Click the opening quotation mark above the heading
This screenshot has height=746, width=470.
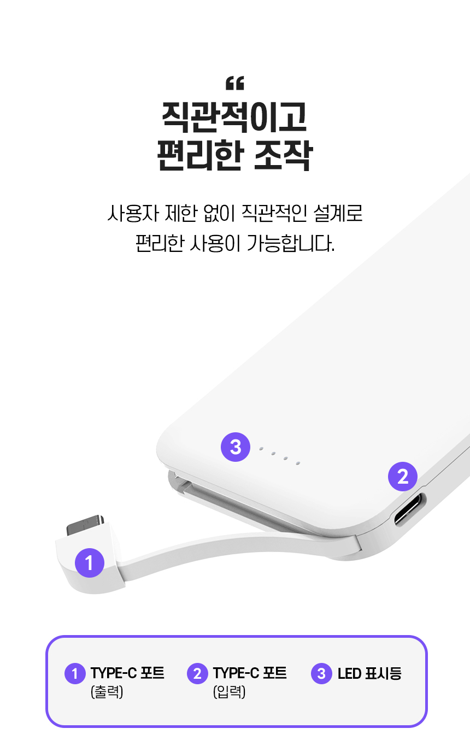[x=234, y=84]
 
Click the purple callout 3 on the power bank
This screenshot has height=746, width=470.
[x=235, y=447]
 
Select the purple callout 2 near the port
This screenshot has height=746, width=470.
[x=403, y=477]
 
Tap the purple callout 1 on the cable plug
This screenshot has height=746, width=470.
[x=89, y=562]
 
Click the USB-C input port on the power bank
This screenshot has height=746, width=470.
[x=410, y=509]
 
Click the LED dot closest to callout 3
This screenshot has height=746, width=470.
[x=261, y=449]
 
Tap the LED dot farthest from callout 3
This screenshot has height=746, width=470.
[x=298, y=463]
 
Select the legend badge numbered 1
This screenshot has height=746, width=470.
[x=75, y=673]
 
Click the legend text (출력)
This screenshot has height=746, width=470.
[x=107, y=692]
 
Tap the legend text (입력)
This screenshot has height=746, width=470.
[x=230, y=692]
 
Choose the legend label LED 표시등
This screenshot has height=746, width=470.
[x=369, y=673]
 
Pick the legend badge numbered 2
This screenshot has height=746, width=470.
[x=197, y=673]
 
